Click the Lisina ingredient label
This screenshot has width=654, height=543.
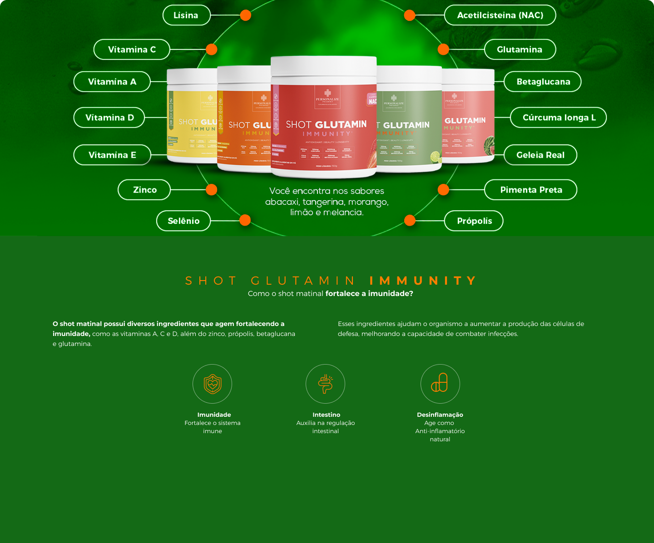[x=186, y=15]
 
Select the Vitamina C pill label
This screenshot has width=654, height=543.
[x=132, y=49]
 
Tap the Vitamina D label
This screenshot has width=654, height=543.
[x=109, y=118]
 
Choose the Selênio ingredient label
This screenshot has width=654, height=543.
[x=183, y=221]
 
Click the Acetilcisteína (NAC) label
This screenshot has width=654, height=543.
[x=500, y=15]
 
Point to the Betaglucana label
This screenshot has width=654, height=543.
[x=543, y=82]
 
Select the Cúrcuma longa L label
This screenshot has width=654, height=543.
[x=558, y=118]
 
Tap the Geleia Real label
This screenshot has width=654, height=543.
[x=540, y=155]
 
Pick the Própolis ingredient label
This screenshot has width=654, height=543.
[x=474, y=221]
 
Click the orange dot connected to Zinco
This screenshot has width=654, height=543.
[x=212, y=190]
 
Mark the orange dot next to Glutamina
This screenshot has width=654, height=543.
[x=443, y=49]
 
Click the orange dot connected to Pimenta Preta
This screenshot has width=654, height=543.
[x=443, y=190]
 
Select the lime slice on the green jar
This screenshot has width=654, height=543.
[x=436, y=157]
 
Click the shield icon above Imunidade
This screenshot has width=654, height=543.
[x=212, y=384]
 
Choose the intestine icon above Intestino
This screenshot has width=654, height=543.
[x=325, y=384]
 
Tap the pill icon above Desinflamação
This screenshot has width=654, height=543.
[x=440, y=384]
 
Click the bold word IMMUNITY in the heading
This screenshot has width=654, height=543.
[x=423, y=281]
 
